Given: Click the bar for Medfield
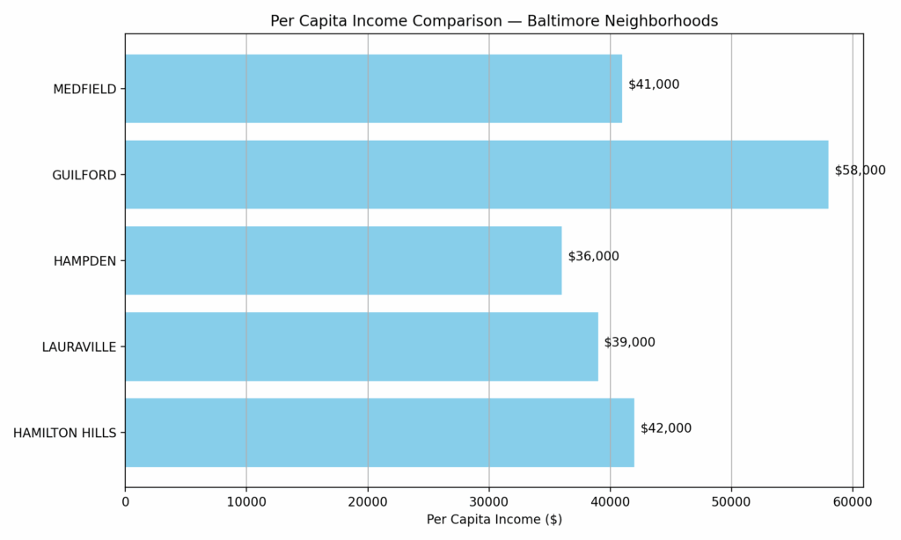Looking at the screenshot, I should pos(373,89).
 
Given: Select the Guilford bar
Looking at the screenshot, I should pos(476,174).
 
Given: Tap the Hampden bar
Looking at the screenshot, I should pos(343,260).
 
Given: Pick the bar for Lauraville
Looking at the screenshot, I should pos(361,347).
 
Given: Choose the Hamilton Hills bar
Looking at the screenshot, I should pos(379,433).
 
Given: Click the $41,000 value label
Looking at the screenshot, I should pos(654,84).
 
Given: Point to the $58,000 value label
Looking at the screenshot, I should pos(860,171).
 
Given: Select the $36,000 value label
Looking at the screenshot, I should pos(593,257).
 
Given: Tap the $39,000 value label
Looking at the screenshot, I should pos(629,342).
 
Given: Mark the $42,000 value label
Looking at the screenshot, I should pos(666,428).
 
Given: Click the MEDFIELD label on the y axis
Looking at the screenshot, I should pos(84,89).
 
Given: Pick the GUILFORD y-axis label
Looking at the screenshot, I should pos(84,175).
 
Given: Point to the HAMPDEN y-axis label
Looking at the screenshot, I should pos(84,261).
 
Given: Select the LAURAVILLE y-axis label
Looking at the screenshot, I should pos(79,347).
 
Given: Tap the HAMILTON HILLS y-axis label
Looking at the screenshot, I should pos(64,433).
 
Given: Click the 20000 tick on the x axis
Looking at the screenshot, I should pos(368,501).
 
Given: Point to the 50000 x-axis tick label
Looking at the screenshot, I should pos(731,501).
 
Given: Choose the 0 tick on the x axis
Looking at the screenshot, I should pos(125,501).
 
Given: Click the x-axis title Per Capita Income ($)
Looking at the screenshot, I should pos(494,520).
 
